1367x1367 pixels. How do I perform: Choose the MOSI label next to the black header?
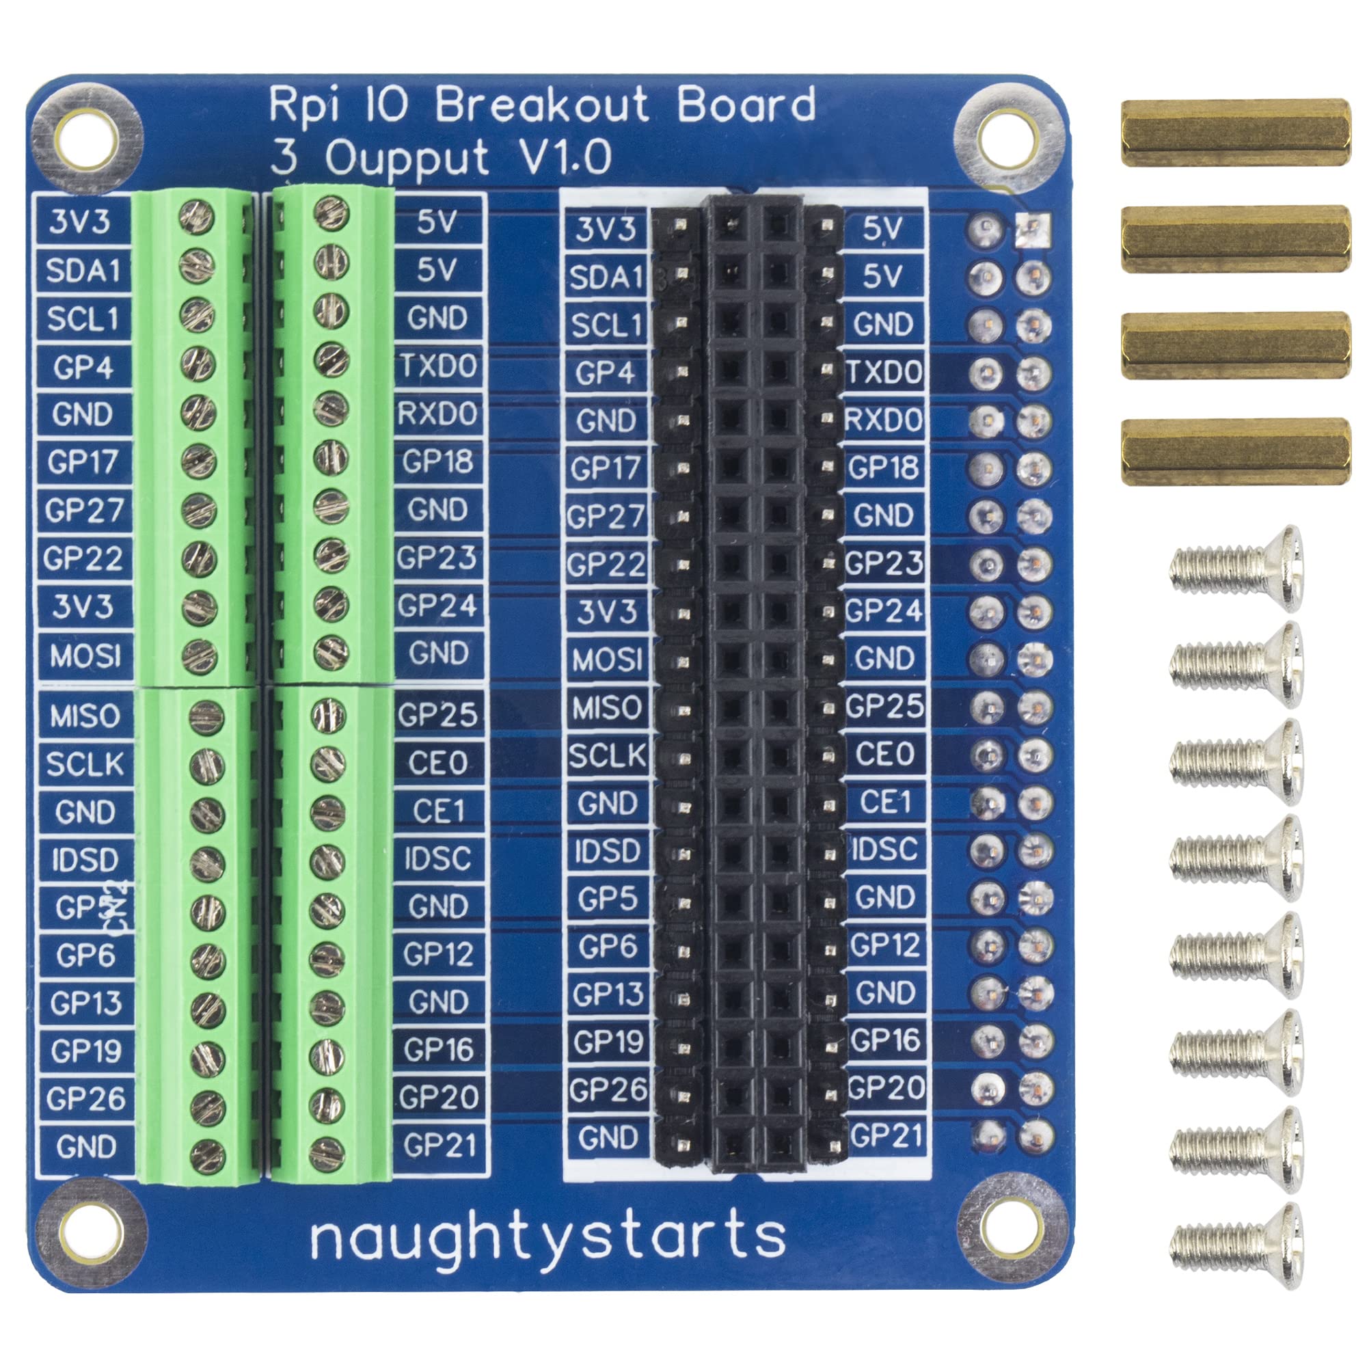(x=606, y=660)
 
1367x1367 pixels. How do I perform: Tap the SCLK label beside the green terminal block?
(x=85, y=764)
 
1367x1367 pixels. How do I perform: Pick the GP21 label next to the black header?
(x=886, y=1135)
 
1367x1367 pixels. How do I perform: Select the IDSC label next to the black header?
(x=885, y=850)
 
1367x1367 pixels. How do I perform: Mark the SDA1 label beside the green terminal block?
(x=83, y=271)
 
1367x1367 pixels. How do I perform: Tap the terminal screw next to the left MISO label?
(x=207, y=717)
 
